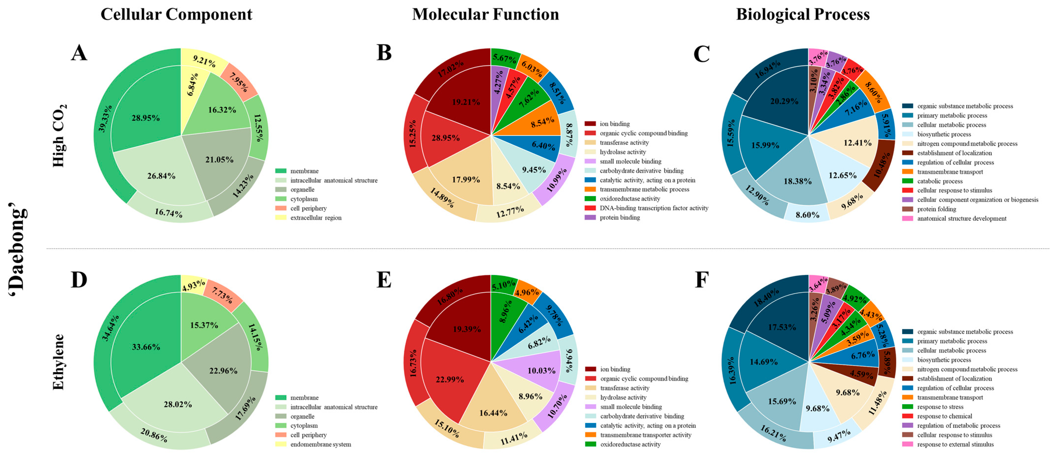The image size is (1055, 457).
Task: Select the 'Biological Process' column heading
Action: coord(803,14)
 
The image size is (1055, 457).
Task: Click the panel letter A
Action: coord(79,53)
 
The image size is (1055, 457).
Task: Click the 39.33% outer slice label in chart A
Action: coord(105,119)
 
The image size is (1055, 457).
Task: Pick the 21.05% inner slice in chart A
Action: coord(219,160)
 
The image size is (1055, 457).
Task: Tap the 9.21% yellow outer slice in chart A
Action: coord(204,61)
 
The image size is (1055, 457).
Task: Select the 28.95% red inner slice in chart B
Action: coord(445,138)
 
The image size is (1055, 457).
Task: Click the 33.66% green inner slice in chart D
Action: coord(146,347)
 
